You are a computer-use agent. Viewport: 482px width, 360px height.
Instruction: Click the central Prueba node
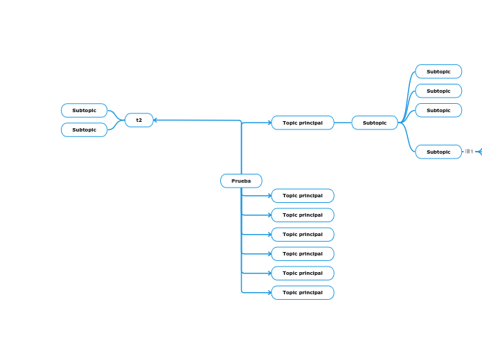tap(241, 181)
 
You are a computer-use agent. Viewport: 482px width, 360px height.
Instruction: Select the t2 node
tap(139, 120)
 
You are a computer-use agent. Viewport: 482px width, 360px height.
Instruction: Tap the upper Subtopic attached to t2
tap(84, 110)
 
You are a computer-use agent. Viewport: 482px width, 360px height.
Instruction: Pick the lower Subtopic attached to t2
tap(84, 129)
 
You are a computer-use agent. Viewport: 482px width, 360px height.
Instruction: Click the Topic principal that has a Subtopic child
tap(303, 123)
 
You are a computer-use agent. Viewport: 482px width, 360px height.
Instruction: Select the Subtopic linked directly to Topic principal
tap(375, 123)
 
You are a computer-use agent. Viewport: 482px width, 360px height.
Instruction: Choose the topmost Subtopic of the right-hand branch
tap(438, 71)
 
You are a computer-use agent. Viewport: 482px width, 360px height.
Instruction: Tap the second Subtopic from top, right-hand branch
tap(438, 91)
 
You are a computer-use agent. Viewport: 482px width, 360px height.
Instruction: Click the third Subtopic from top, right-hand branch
tap(438, 110)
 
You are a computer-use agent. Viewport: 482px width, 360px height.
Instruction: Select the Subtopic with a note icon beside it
tap(438, 152)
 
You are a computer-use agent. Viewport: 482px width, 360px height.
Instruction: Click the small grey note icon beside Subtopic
tap(469, 152)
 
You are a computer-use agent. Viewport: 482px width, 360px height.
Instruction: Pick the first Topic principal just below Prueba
tap(303, 195)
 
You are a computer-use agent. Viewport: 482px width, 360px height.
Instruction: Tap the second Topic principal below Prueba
tap(303, 215)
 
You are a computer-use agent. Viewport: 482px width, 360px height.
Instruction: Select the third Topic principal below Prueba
tap(303, 234)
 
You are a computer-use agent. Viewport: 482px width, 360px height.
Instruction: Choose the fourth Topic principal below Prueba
tap(303, 253)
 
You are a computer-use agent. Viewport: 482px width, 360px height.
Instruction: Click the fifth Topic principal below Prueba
tap(303, 273)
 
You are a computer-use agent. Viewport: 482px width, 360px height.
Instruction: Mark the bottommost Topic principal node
tap(303, 292)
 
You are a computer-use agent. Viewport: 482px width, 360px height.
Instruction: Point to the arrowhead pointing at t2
tap(156, 120)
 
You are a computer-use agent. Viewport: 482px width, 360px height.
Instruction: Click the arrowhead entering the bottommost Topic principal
tap(269, 292)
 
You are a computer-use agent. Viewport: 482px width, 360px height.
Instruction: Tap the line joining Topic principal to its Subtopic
tap(343, 123)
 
